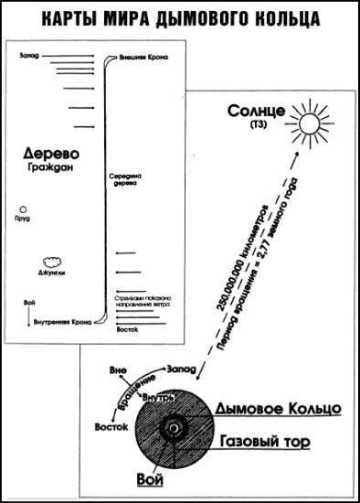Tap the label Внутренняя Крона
[60, 321]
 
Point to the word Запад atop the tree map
[30, 57]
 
